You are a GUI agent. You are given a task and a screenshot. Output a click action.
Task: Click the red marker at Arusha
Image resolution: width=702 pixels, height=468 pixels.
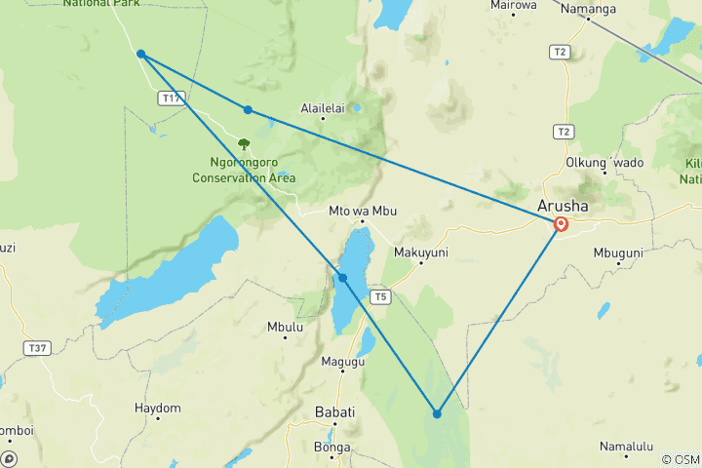click(x=562, y=224)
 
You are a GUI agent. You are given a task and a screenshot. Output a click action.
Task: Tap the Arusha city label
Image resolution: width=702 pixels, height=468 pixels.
click(x=563, y=206)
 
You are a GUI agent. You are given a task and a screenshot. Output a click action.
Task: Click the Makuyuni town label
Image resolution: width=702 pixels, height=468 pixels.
click(x=419, y=252)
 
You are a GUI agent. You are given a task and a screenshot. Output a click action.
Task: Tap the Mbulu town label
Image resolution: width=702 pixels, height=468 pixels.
click(x=285, y=328)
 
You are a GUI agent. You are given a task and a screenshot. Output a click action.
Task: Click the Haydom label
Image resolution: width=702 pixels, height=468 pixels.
click(x=157, y=408)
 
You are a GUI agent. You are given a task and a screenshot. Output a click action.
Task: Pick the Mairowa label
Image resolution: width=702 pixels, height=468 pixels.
click(x=514, y=5)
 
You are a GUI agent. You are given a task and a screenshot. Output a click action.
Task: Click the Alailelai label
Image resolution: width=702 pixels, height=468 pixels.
click(x=324, y=108)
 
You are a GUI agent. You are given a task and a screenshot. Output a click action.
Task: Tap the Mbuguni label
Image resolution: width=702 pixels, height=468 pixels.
click(x=618, y=253)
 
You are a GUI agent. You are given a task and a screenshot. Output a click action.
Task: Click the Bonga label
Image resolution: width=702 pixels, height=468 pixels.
click(x=332, y=448)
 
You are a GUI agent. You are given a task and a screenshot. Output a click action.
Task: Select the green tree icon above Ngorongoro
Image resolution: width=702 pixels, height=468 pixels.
click(x=244, y=144)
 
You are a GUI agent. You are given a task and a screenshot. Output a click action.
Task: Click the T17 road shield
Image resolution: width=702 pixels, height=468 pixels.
click(x=172, y=98)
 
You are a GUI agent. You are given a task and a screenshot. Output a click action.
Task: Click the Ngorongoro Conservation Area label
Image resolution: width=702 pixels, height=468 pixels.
click(x=244, y=171)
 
